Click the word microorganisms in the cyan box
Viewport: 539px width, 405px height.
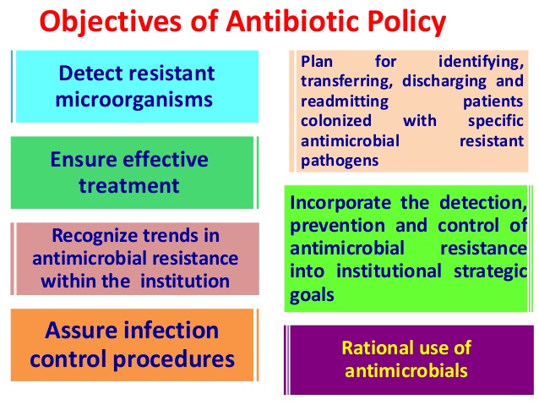coord(134,99)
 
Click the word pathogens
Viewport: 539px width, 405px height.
coord(337,158)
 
